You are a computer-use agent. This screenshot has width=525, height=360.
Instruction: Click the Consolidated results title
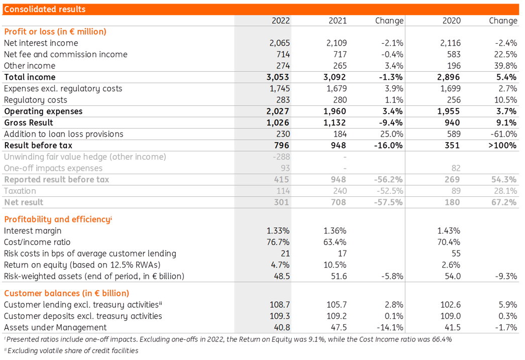click(x=45, y=9)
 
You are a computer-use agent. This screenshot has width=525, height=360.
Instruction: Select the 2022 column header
click(x=280, y=21)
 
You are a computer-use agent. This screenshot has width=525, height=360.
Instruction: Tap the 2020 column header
click(x=451, y=21)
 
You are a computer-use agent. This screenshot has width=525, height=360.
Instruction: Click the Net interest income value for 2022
click(x=279, y=43)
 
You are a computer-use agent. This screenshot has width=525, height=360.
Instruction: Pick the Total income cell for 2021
click(x=335, y=77)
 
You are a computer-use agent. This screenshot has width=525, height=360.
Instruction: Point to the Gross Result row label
click(x=29, y=123)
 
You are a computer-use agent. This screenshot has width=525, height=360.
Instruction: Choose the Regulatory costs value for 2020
click(x=454, y=100)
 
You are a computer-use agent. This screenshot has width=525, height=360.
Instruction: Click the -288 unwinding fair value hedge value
click(x=281, y=157)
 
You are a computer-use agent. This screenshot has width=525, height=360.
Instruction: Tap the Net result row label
click(x=24, y=202)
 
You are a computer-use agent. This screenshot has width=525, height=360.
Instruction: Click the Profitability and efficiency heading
click(x=58, y=219)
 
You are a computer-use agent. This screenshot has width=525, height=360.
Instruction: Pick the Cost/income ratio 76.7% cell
click(x=278, y=242)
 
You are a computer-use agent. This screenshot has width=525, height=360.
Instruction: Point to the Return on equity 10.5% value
click(x=335, y=265)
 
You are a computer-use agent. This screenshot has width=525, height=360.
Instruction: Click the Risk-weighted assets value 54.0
click(x=452, y=276)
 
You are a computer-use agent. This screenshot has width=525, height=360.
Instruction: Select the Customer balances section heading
click(x=66, y=293)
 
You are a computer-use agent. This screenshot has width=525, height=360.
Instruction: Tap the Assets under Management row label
click(x=55, y=327)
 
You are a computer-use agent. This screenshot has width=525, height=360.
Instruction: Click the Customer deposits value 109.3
click(x=280, y=316)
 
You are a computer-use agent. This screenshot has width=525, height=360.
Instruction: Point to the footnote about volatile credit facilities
click(x=71, y=350)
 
